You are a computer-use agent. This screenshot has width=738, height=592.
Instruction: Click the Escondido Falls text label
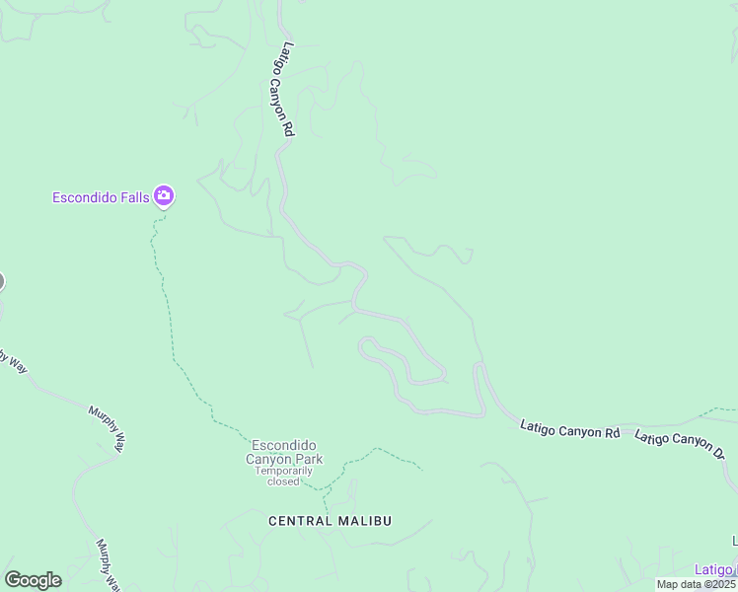coord(100,197)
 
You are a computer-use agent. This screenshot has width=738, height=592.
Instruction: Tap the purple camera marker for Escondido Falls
coord(164,197)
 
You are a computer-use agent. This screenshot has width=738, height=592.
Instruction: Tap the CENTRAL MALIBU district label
coord(330,520)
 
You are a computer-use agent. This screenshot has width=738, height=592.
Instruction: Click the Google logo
coord(33,580)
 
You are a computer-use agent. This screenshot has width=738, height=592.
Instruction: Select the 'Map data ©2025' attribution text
coord(696,584)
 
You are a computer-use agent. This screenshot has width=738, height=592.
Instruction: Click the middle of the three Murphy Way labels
coord(107,427)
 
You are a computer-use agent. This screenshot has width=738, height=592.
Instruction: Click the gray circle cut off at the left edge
coord(1,282)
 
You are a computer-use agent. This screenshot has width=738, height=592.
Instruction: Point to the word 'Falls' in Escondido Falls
coord(132,197)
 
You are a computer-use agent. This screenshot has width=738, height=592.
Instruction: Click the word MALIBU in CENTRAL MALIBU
coord(361,520)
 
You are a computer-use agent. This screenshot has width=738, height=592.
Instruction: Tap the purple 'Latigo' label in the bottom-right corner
coord(713,569)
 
